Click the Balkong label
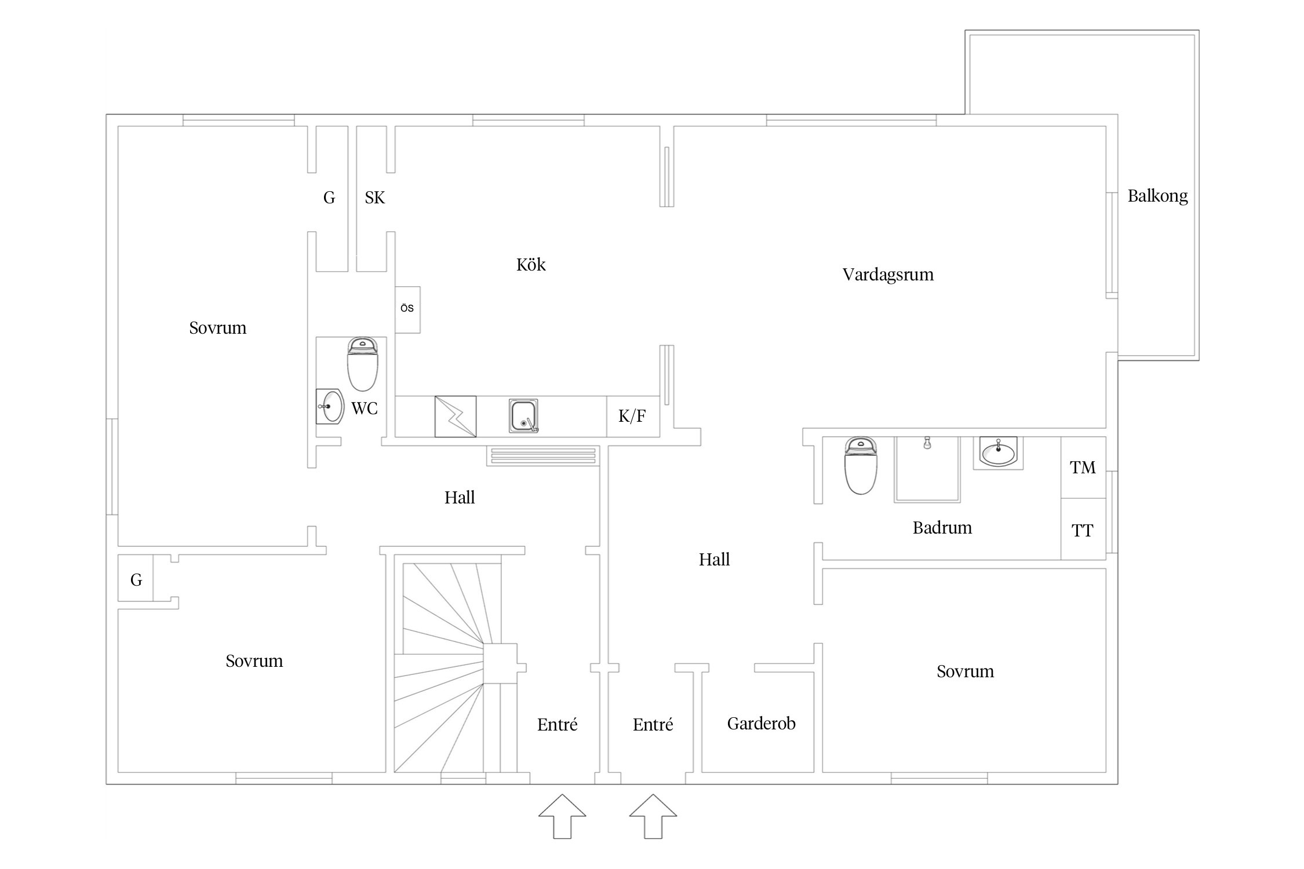click(x=1157, y=196)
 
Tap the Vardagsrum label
click(x=887, y=274)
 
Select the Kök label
click(x=530, y=265)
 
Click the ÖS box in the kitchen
click(x=407, y=309)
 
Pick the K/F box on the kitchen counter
click(x=632, y=416)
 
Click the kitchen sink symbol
click(x=523, y=415)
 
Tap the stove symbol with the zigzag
click(x=455, y=416)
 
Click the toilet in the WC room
click(x=362, y=365)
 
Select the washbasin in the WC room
click(x=329, y=406)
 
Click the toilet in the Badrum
click(x=861, y=466)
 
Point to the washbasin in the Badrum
click(x=998, y=452)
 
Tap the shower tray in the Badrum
click(x=927, y=469)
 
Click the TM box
click(x=1083, y=467)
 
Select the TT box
click(x=1083, y=530)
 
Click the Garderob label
click(x=760, y=724)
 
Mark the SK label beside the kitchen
click(x=374, y=198)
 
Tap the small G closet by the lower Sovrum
click(x=136, y=579)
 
